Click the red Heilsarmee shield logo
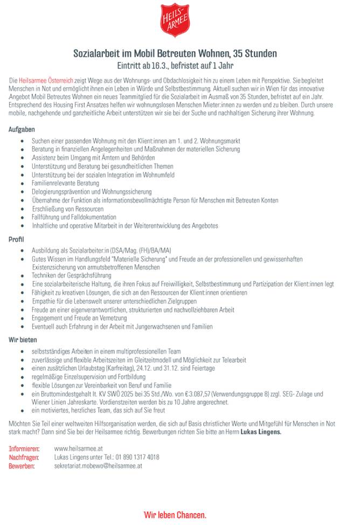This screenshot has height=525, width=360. click(x=175, y=20)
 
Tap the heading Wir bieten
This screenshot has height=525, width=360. click(x=22, y=340)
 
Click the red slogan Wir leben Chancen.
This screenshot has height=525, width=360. click(x=175, y=515)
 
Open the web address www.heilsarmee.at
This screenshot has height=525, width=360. click(x=79, y=448)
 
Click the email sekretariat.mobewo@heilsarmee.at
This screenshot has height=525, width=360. click(x=98, y=465)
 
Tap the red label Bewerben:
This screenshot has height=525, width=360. click(x=22, y=465)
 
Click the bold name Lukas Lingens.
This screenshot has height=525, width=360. click(x=261, y=432)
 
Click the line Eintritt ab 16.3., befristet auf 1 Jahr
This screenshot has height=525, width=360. click(x=175, y=66)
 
